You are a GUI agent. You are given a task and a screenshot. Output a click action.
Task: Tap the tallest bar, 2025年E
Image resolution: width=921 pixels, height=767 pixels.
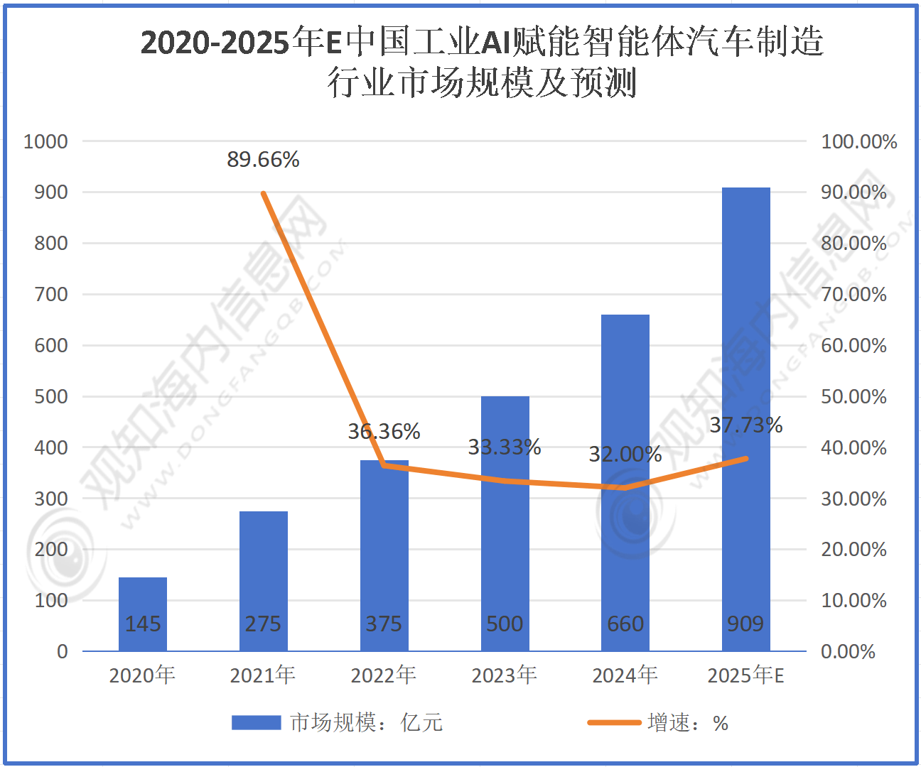745,419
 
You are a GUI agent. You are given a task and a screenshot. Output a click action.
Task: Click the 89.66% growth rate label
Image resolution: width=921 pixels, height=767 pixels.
263,160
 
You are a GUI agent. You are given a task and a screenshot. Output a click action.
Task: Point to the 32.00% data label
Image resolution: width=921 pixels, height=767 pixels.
625,454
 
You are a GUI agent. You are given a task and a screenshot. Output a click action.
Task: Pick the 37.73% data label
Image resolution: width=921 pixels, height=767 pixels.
746,425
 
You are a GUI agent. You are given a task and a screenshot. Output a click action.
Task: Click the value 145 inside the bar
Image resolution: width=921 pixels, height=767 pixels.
143,624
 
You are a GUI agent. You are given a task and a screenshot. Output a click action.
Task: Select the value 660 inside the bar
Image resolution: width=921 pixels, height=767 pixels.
625,624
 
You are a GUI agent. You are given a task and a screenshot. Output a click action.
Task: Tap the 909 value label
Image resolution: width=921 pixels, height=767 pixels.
745,624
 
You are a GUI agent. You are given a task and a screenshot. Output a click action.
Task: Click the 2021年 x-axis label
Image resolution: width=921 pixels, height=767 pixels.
263,675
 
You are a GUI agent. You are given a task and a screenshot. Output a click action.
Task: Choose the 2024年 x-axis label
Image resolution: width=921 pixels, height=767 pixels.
625,675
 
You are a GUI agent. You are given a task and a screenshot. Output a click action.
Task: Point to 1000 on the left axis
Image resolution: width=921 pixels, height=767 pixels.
45,141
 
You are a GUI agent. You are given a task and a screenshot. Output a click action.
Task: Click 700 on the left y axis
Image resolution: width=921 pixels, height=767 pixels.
51,294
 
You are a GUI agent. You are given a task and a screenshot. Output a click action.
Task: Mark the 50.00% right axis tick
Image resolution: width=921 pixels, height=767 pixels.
853,396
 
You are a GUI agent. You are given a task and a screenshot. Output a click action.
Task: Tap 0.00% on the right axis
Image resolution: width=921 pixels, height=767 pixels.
848,651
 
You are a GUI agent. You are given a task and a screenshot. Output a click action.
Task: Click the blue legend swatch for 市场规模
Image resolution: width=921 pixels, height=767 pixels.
257,723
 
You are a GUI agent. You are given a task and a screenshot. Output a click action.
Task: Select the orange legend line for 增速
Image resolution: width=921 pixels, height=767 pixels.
614,723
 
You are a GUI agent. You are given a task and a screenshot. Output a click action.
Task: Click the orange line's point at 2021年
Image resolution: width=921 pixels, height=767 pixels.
263,193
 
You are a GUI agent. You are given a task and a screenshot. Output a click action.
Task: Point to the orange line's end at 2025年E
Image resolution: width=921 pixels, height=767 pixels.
745,459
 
